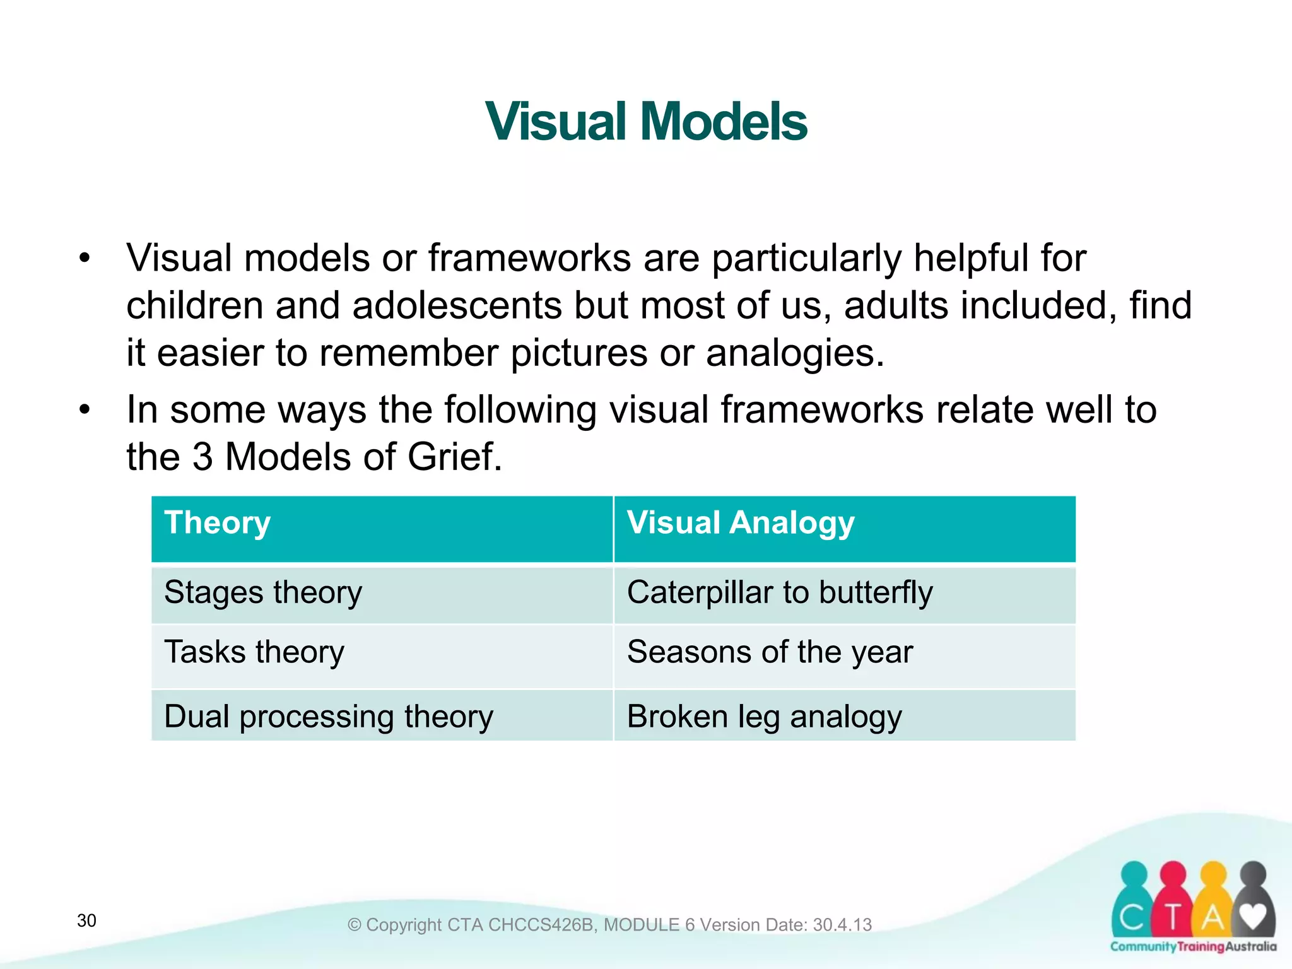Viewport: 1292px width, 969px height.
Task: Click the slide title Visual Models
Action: [646, 121]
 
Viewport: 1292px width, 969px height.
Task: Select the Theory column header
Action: [218, 523]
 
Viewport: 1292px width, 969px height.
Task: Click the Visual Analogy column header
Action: [741, 523]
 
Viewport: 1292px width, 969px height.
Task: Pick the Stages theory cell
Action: [263, 593]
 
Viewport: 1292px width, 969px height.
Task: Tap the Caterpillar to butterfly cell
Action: [780, 593]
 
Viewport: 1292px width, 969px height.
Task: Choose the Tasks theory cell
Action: [254, 652]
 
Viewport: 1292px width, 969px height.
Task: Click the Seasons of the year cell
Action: [770, 652]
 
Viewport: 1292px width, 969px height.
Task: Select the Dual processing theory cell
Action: [329, 717]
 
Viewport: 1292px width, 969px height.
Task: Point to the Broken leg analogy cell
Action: [765, 717]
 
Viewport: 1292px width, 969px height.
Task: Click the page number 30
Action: [87, 920]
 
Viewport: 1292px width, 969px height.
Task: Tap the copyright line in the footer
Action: [609, 925]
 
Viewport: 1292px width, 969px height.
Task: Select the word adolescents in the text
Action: [457, 305]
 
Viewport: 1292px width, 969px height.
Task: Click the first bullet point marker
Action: [85, 259]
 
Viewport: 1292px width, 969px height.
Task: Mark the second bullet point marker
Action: [85, 410]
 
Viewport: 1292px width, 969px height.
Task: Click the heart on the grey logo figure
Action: [1252, 916]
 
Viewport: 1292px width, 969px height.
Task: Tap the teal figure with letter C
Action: [1133, 902]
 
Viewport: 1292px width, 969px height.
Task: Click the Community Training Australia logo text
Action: [1193, 947]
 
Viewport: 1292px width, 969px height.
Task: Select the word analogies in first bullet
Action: [795, 353]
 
